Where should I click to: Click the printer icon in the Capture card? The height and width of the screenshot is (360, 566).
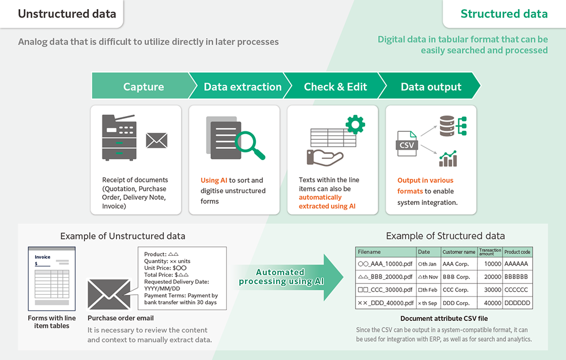pyautogui.click(x=119, y=138)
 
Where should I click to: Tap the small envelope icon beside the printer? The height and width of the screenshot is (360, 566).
pyautogui.click(x=157, y=140)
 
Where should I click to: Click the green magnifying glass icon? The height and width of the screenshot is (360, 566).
pyautogui.click(x=250, y=145)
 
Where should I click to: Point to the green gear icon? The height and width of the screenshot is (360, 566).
pyautogui.click(x=355, y=125)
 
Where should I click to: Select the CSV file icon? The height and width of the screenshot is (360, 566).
pyautogui.click(x=407, y=144)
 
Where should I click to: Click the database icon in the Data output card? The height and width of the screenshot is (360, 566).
pyautogui.click(x=447, y=126)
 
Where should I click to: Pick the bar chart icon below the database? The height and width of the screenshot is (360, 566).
pyautogui.click(x=448, y=158)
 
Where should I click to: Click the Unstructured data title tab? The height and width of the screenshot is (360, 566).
pyautogui.click(x=67, y=14)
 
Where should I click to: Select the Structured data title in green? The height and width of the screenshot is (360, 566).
pyautogui.click(x=504, y=14)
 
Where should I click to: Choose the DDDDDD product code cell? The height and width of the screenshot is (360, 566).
pyautogui.click(x=517, y=303)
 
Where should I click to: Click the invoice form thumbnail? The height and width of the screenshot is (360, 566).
pyautogui.click(x=52, y=278)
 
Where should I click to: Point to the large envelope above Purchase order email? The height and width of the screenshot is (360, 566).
pyautogui.click(x=109, y=294)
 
